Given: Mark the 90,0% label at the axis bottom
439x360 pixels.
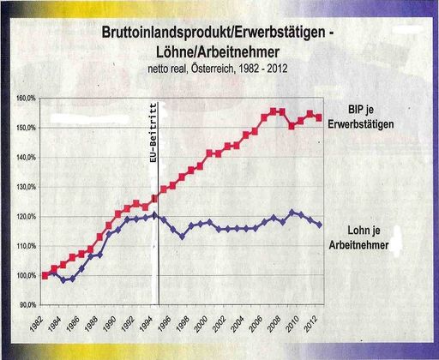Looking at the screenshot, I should [x=27, y=305].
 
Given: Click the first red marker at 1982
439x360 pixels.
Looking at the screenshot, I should [x=45, y=275].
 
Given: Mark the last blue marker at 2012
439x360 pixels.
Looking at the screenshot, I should [x=319, y=225].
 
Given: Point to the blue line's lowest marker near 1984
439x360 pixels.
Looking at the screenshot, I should [x=63, y=280].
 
